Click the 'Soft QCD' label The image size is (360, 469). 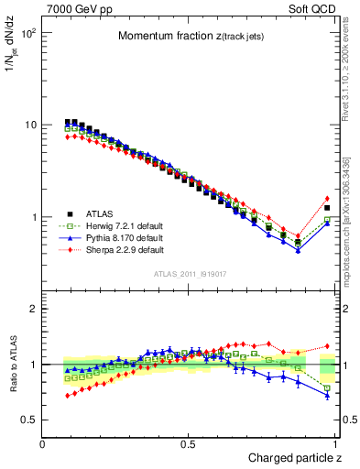313,8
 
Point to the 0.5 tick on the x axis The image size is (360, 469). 188,443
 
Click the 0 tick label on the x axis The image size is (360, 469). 43,443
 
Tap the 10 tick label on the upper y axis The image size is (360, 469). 30,125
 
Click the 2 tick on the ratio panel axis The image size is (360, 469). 33,309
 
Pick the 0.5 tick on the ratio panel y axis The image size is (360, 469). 28,420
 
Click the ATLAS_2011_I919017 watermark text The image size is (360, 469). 190,274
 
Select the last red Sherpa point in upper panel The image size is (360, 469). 327,199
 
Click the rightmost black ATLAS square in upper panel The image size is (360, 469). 327,208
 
